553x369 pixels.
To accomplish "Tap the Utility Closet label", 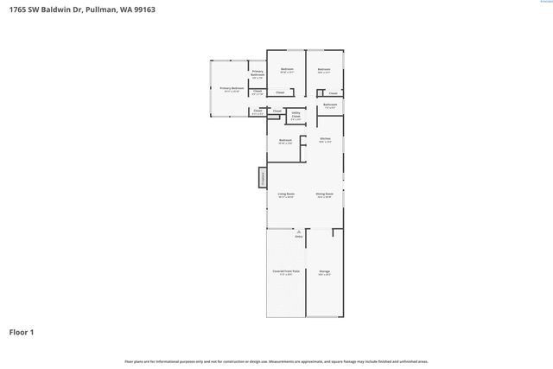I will click(296, 116).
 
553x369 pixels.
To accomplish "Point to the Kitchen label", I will click(325, 139).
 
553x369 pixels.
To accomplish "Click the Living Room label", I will click(286, 194).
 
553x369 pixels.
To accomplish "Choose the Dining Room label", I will click(324, 194).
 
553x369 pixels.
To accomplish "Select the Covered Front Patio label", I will click(286, 272).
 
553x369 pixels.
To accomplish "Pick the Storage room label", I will click(324, 272).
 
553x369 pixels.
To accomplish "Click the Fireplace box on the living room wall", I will click(261, 178).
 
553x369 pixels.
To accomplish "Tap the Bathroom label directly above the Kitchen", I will click(330, 105).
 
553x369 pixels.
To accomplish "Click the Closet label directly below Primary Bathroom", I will click(257, 93).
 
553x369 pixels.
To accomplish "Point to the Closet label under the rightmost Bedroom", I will click(333, 92).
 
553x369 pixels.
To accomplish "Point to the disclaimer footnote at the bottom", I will click(276, 361).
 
